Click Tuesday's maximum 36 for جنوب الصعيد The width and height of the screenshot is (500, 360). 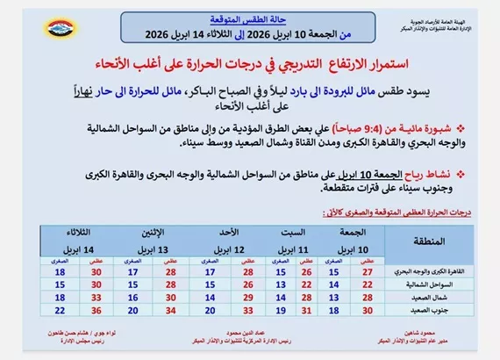pyautogui.click(x=96, y=310)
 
